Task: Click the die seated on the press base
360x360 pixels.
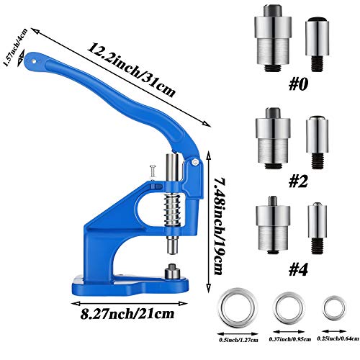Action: (x=174, y=274)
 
